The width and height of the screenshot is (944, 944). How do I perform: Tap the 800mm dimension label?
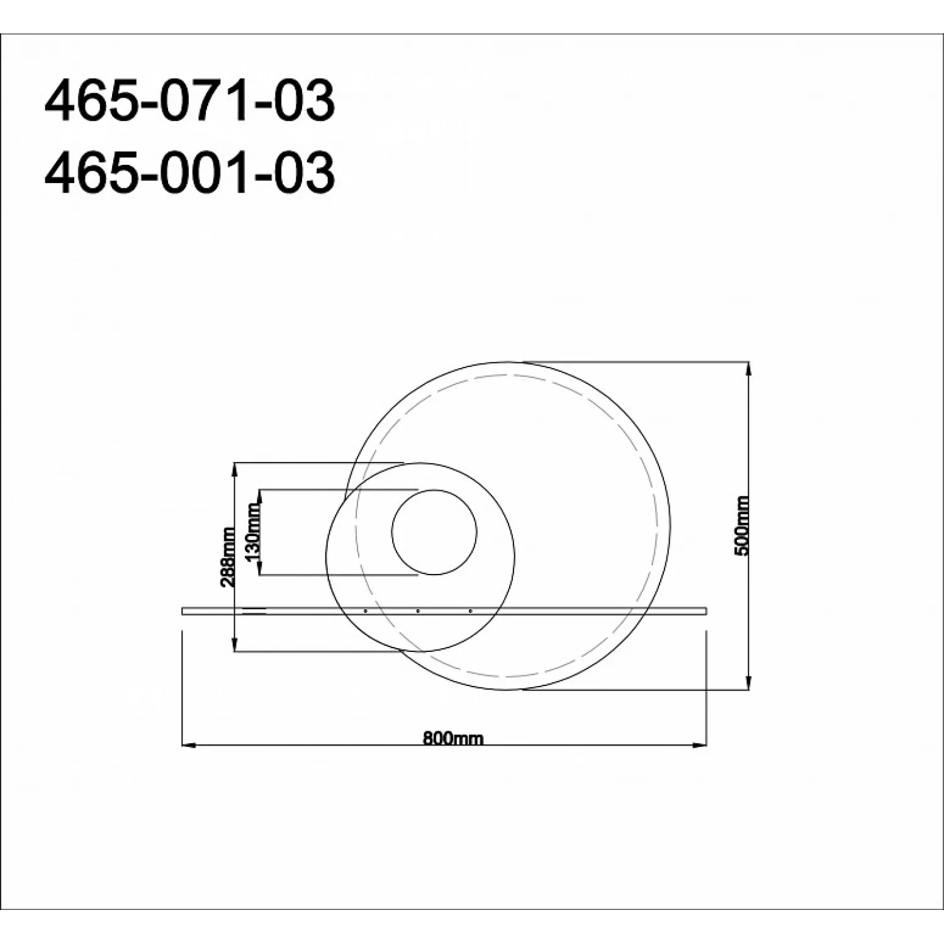point(453,738)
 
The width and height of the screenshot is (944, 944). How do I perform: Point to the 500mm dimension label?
point(743,525)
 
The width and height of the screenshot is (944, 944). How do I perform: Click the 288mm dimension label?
point(229,557)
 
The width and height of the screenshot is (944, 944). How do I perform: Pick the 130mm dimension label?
point(254,532)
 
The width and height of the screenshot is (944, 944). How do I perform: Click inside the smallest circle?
point(434,532)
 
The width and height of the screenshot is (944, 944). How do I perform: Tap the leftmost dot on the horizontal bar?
point(366,610)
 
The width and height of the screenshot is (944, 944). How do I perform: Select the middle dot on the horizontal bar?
point(418,610)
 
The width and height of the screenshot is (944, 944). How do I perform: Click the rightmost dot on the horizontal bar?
point(470,610)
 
